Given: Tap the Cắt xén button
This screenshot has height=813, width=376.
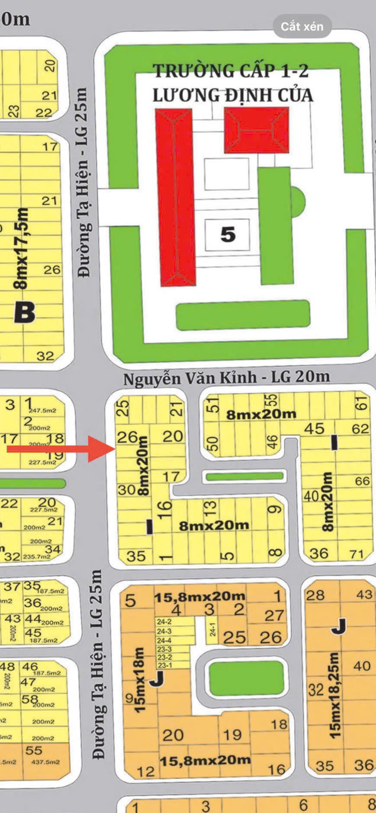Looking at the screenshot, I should (302, 26).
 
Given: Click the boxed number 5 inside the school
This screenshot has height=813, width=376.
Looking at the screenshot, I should (228, 235).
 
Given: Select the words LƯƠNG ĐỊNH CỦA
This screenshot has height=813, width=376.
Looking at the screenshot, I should (233, 95).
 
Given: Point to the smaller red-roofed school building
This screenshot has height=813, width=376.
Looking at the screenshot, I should (256, 130).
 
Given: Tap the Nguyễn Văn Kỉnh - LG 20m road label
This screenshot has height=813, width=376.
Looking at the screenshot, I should (226, 378).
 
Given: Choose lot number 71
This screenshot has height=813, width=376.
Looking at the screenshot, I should (357, 554).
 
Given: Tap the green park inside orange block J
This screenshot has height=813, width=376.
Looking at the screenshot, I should (246, 679).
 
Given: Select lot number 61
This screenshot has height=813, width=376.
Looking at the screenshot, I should (362, 403).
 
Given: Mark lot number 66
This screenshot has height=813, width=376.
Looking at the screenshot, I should (362, 481).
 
